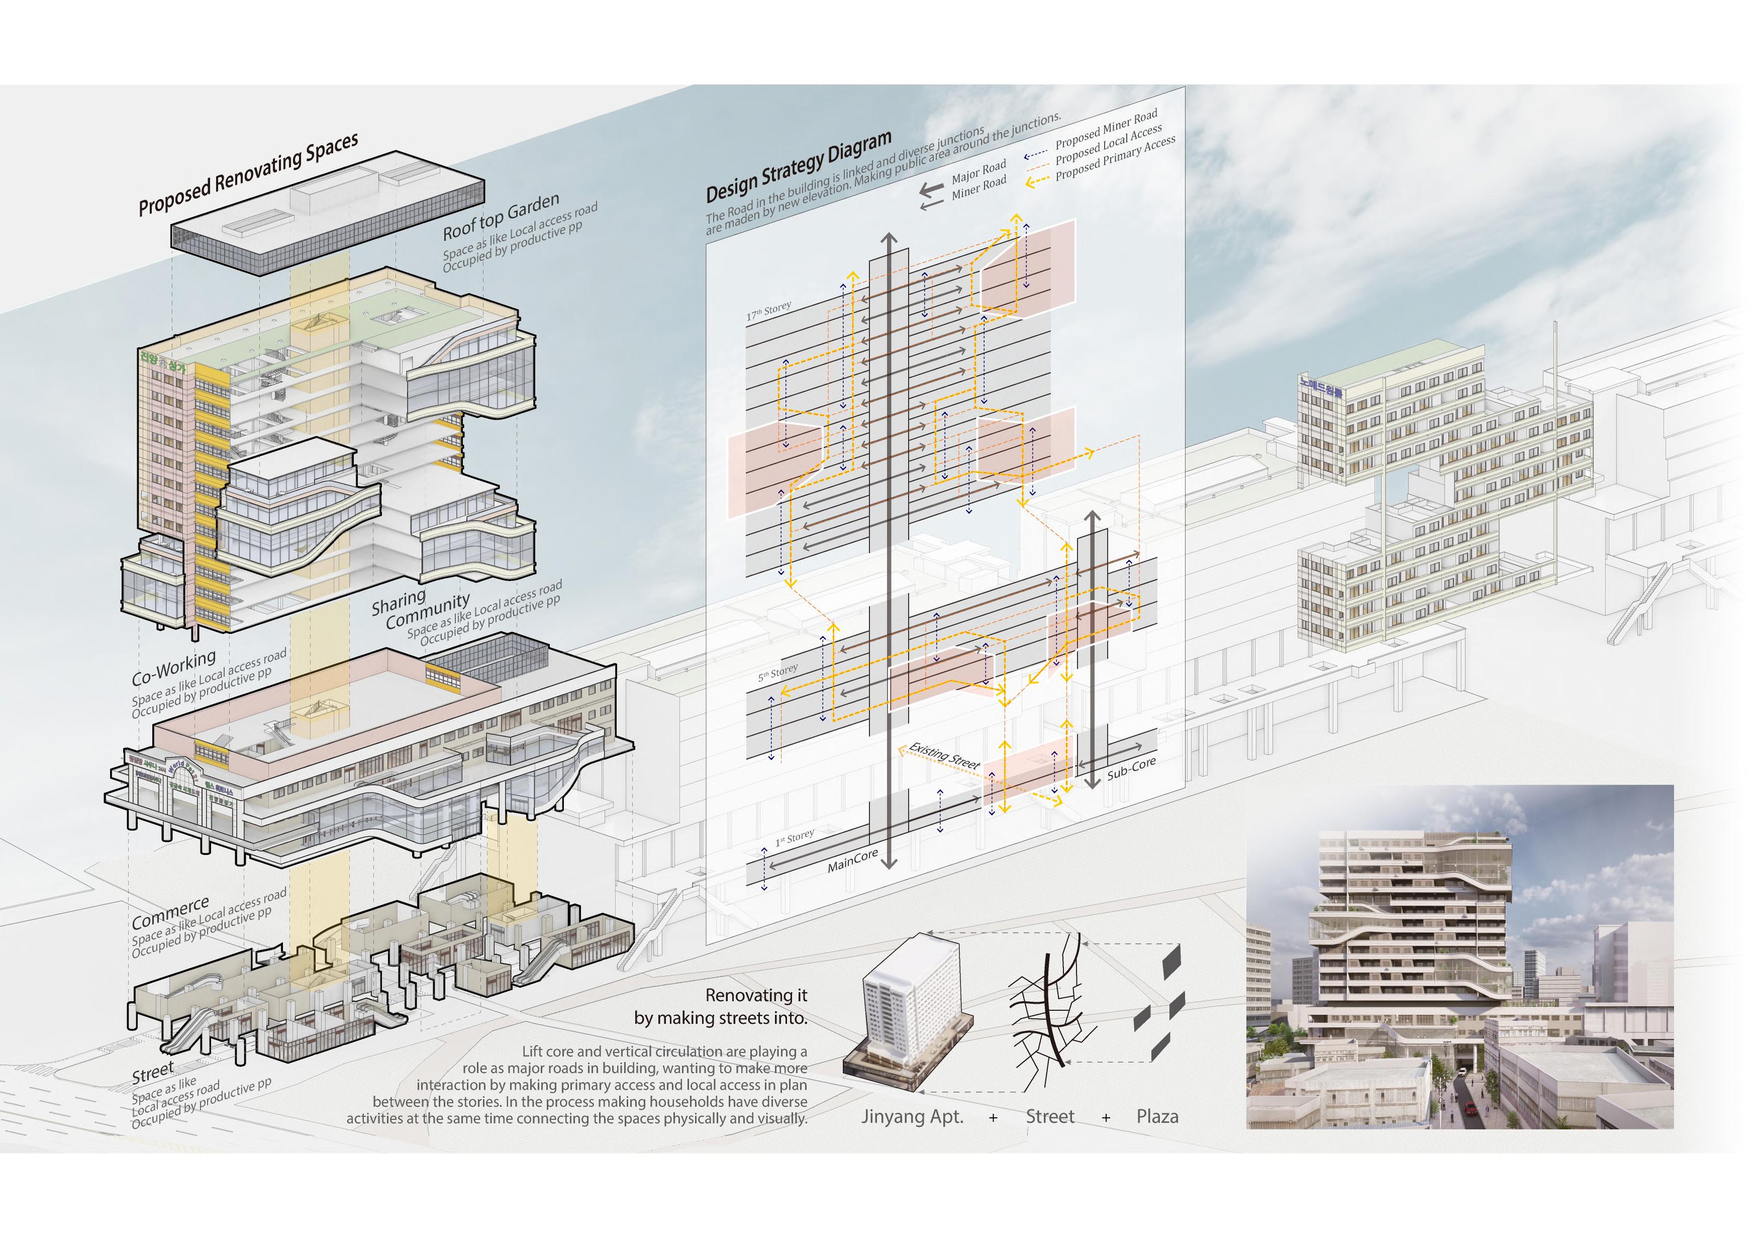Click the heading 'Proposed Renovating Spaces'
pos(248,174)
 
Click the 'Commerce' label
pos(170,912)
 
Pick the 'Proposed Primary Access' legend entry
pos(1115,158)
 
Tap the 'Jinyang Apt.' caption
pos(912,1116)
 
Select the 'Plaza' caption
pos(1157,1116)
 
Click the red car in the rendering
pos(1470,1108)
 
